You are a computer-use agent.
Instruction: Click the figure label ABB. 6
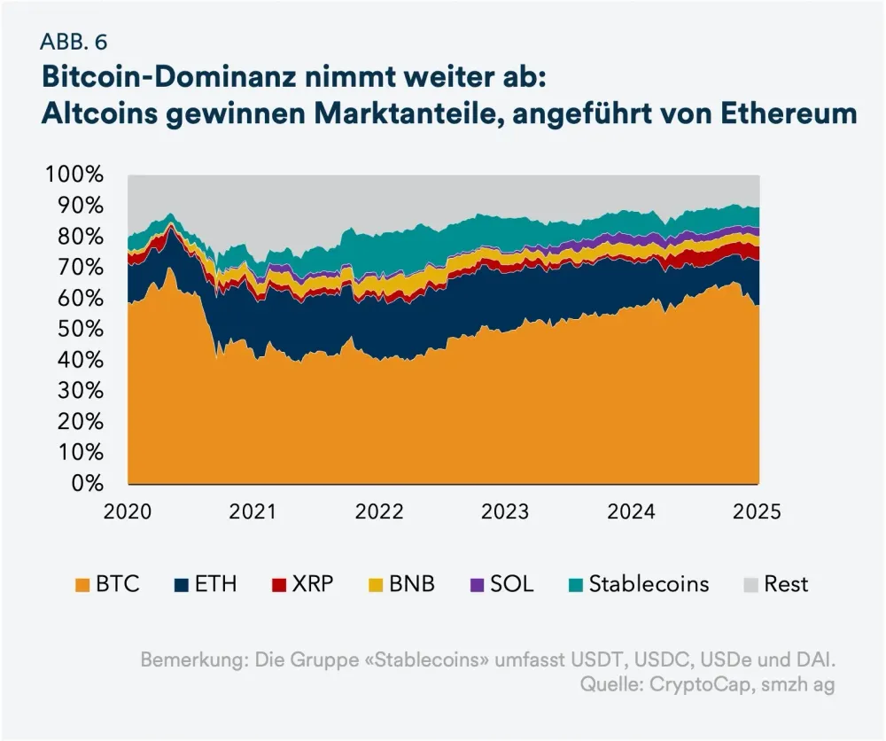coord(74,42)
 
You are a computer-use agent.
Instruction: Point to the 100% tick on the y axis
coord(74,175)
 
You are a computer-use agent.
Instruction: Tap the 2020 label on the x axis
coord(128,511)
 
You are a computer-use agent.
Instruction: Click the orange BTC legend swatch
coord(83,585)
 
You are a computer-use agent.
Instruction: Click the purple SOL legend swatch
coord(474,585)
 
